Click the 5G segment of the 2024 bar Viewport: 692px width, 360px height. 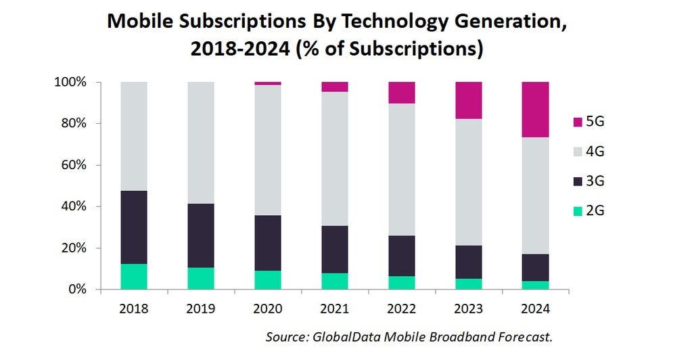(x=535, y=110)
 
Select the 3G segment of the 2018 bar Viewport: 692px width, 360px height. (x=134, y=227)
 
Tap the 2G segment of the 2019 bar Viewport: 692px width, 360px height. (x=201, y=278)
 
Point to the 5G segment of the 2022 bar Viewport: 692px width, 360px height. (x=401, y=93)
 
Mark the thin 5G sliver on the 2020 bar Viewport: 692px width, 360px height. (x=268, y=83)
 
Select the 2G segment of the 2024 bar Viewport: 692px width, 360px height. (x=535, y=285)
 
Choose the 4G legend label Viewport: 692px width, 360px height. (x=595, y=152)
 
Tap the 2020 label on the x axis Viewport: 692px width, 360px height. (x=268, y=309)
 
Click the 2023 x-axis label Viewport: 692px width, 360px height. (x=468, y=309)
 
